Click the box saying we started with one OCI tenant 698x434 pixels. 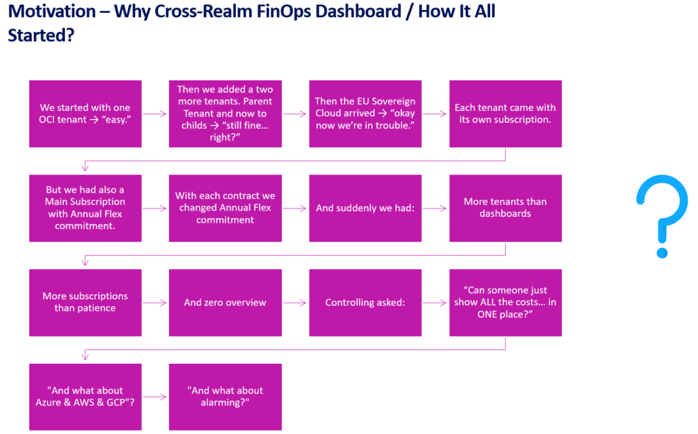point(85,114)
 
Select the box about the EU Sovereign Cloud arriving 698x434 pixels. point(365,114)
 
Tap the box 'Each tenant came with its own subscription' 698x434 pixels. point(505,114)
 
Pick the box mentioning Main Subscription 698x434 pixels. point(85,208)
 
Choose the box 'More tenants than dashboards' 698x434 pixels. point(505,208)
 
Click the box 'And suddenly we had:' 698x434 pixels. point(365,208)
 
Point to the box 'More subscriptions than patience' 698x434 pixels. point(85,303)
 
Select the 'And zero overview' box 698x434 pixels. point(225,303)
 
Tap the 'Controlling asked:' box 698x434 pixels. point(365,303)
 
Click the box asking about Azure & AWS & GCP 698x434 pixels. point(85,397)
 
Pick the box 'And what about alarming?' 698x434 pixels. point(225,397)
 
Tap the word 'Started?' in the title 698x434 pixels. point(41,35)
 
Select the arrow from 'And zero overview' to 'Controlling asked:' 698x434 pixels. point(295,303)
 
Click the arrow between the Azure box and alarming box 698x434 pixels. point(155,397)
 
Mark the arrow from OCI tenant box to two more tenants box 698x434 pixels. point(155,114)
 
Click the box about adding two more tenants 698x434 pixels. point(225,114)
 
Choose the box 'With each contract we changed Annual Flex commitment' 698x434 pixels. point(225,208)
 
